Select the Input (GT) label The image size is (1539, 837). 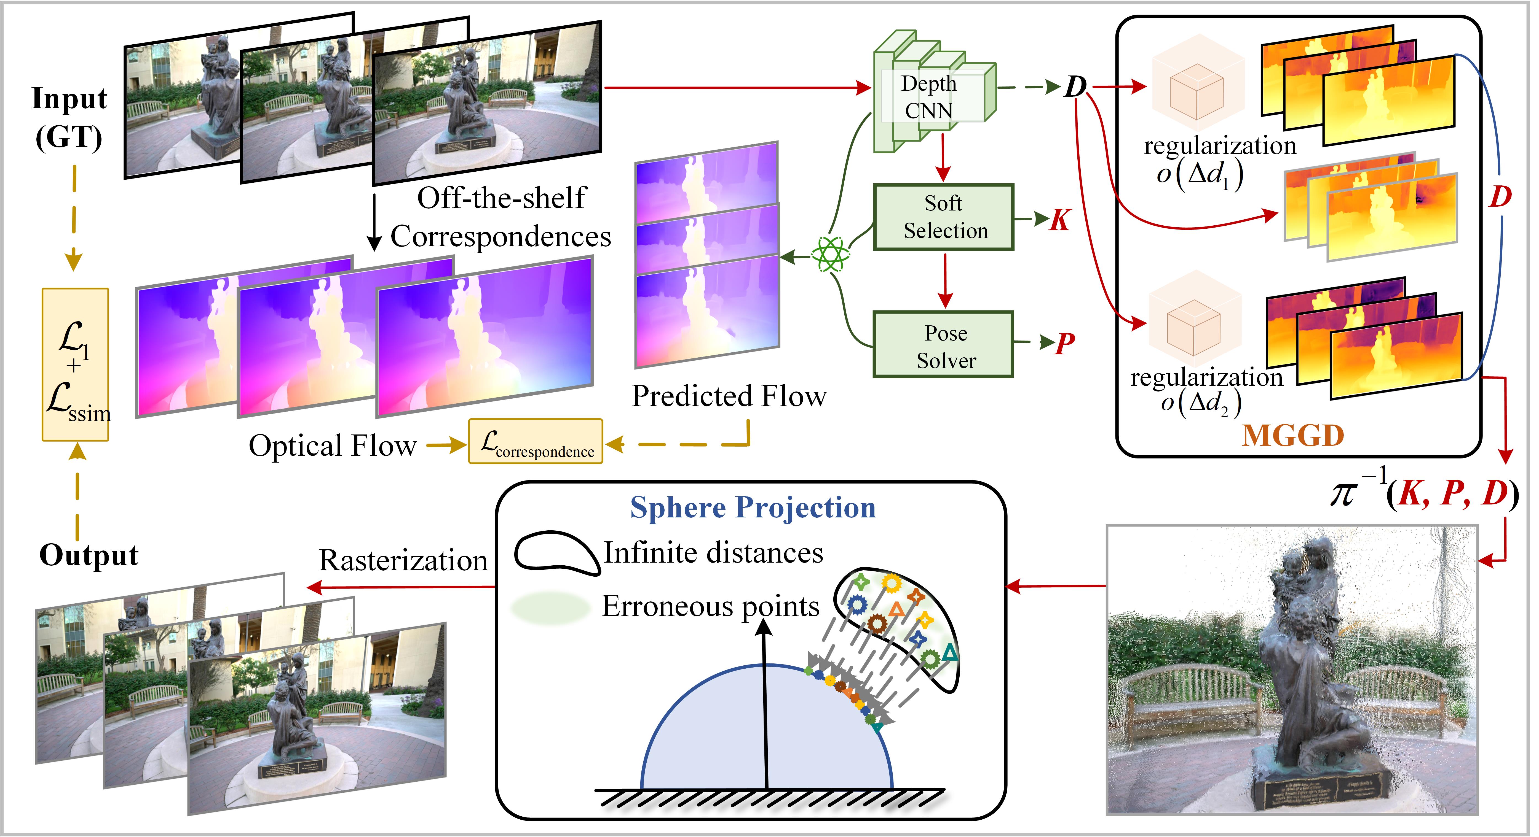point(69,118)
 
